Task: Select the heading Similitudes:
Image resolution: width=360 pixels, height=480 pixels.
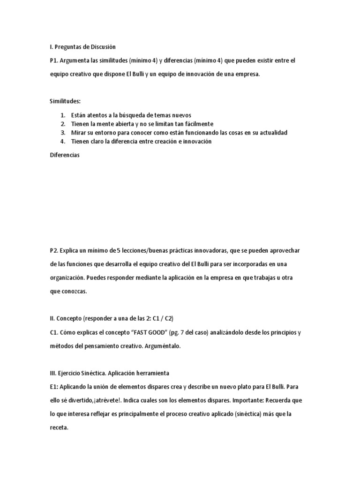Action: point(65,101)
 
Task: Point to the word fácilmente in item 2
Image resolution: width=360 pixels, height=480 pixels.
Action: point(198,124)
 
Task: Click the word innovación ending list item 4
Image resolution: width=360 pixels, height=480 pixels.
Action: point(195,142)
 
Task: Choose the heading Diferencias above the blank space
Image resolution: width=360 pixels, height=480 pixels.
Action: point(65,156)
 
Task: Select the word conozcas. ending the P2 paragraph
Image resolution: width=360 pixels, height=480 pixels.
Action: point(74,291)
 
